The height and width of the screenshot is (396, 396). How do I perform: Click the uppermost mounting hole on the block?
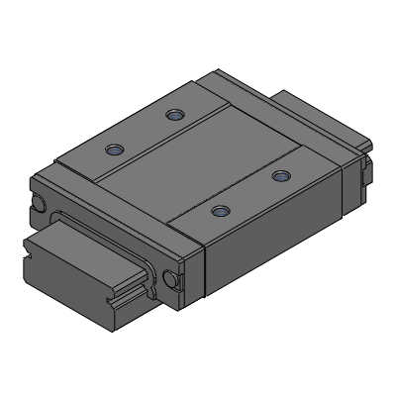[x=175, y=116]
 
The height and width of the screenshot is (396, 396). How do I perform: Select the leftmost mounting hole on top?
[x=114, y=151]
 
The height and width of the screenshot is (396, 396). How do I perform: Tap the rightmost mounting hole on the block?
[x=281, y=176]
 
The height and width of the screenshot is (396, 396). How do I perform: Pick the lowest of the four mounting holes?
[x=220, y=210]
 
